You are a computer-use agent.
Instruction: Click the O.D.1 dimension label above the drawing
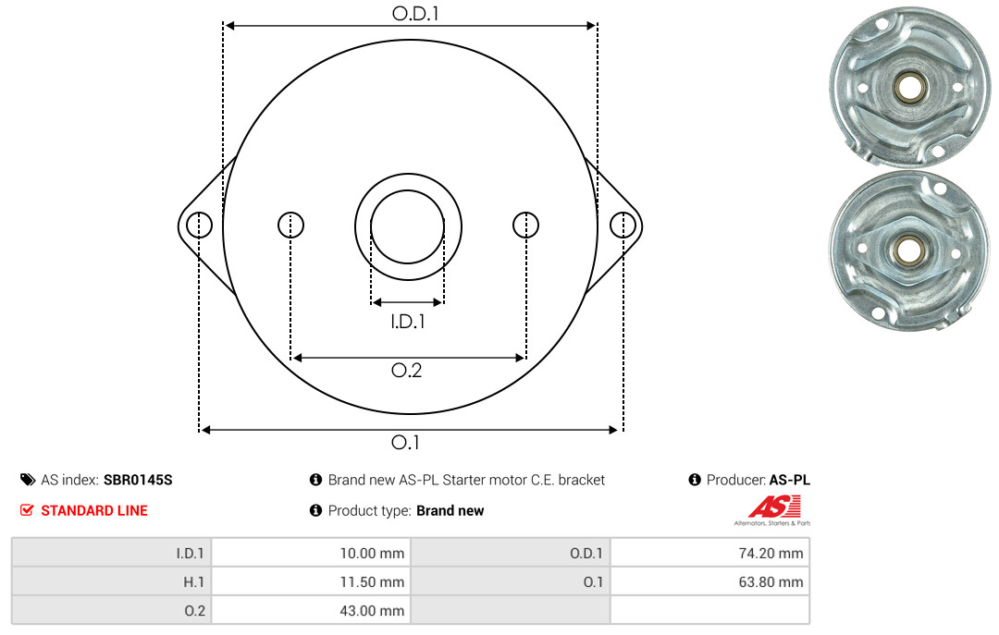[415, 13]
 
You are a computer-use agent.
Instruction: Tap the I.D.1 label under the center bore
[408, 322]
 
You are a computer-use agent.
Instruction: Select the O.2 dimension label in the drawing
[406, 370]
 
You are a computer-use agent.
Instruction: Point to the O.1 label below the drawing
[405, 442]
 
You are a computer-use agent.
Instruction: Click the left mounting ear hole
[200, 226]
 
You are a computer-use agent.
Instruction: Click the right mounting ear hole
[623, 226]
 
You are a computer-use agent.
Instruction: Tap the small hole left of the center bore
[291, 225]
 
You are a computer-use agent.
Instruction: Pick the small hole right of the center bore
[525, 225]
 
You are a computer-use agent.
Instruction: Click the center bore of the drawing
[408, 226]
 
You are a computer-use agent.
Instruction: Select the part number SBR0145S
[138, 480]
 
